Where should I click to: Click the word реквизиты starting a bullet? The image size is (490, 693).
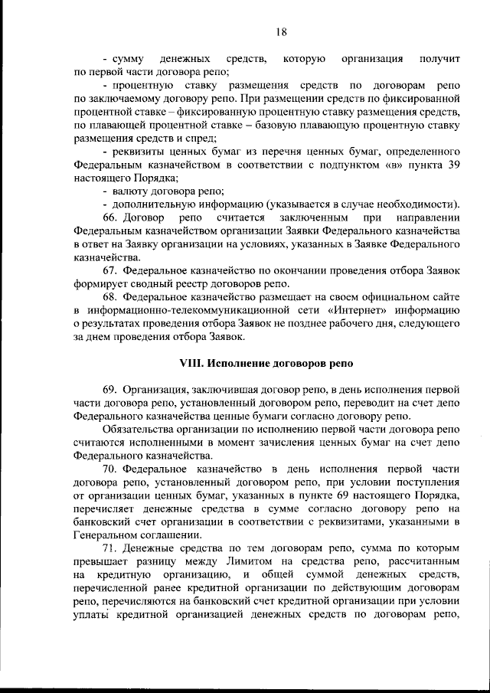(x=139, y=151)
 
